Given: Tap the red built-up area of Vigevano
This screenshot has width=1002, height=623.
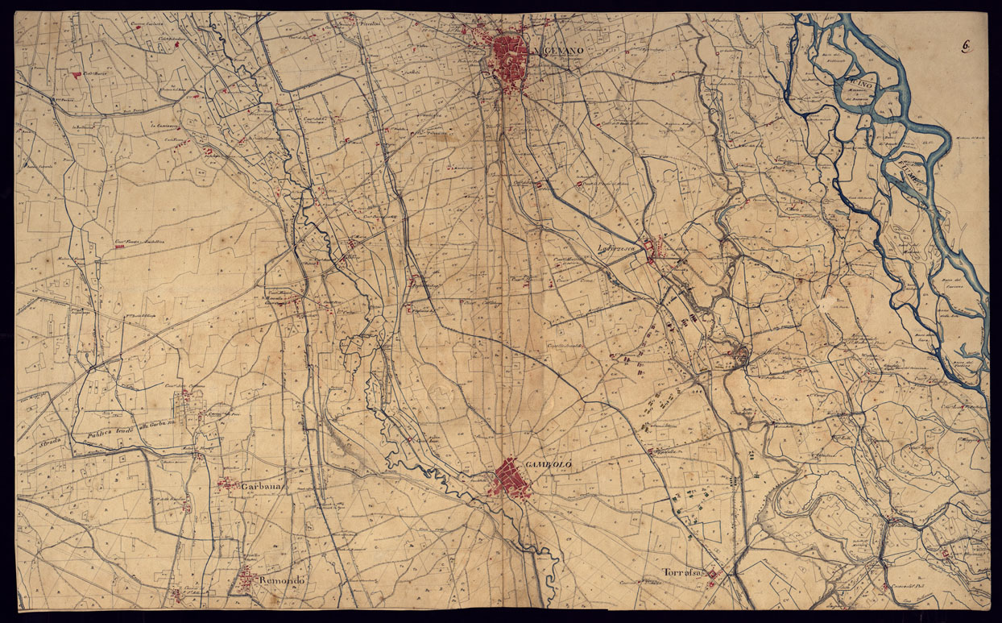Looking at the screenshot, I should [510, 56].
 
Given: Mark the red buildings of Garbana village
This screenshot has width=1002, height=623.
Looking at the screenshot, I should [228, 484].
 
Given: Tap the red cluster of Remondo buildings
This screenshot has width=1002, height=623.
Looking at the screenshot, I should [246, 575].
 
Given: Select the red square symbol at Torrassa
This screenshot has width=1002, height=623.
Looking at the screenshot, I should [713, 574].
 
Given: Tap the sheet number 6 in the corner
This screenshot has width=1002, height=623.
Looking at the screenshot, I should [965, 46].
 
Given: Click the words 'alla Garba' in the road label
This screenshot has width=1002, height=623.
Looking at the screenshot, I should [153, 426].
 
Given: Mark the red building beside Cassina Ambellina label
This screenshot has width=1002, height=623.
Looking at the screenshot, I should [120, 246].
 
